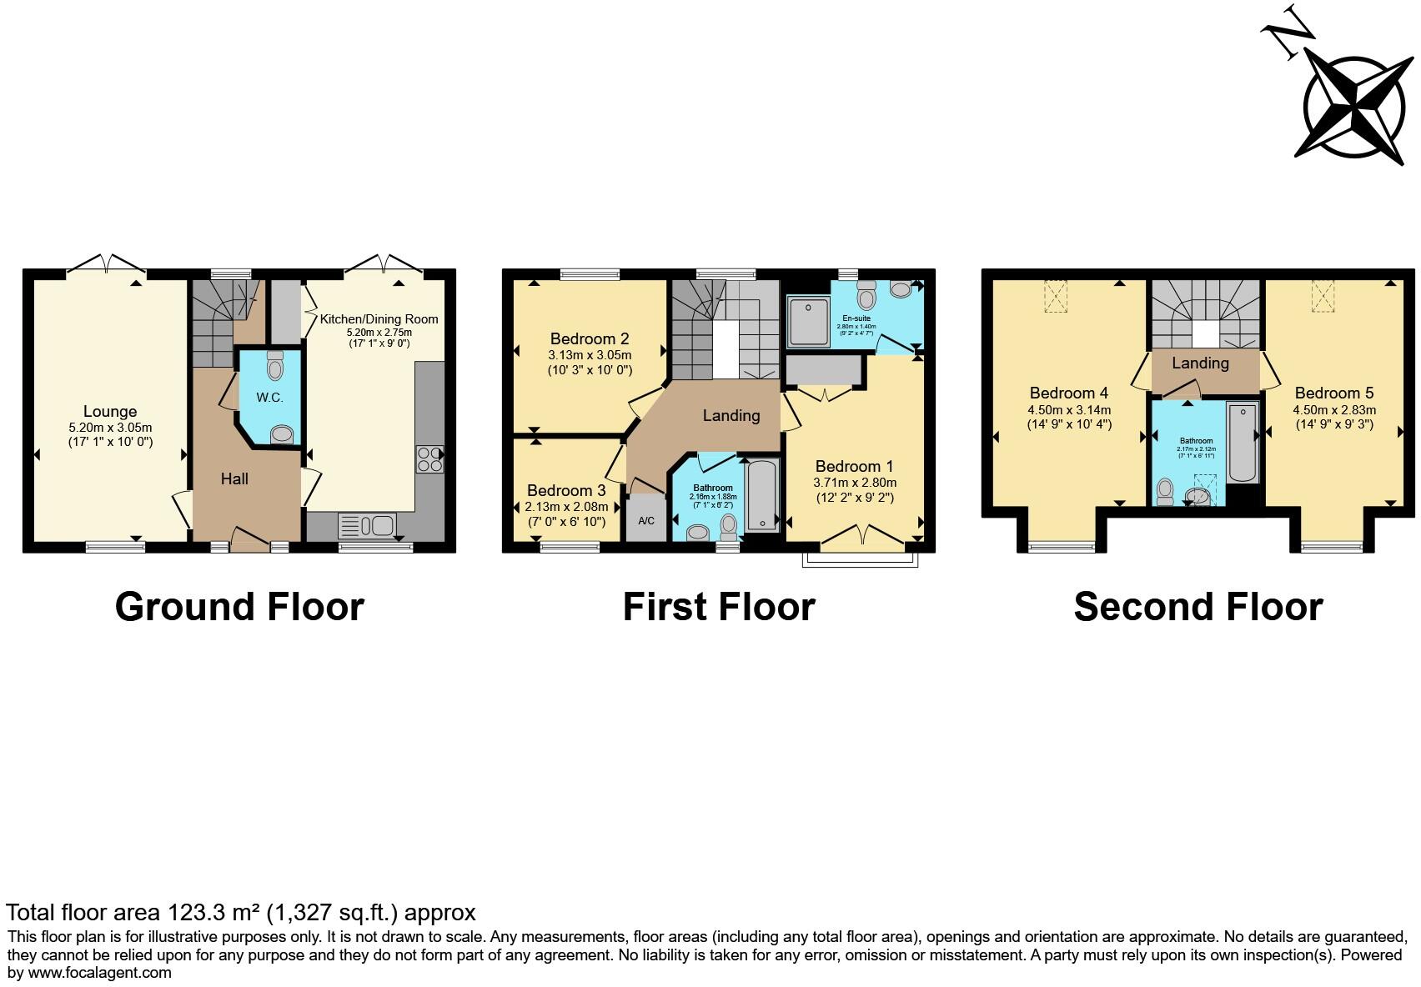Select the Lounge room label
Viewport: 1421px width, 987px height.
(x=110, y=411)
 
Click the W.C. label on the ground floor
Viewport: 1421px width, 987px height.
(x=269, y=398)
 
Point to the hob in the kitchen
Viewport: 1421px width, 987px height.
(x=429, y=459)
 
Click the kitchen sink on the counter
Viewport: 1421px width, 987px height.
(x=366, y=527)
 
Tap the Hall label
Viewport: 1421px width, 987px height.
(x=234, y=478)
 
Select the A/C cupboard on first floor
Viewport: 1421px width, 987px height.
(x=646, y=520)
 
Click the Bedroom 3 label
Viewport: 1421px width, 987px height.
(x=566, y=490)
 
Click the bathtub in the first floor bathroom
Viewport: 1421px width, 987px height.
(x=762, y=495)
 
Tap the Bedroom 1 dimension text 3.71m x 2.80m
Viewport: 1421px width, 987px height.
(x=855, y=483)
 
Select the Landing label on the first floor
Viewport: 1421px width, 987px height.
(x=731, y=415)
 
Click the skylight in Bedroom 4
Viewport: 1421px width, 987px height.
(x=1056, y=296)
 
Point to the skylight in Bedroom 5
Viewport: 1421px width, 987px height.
(x=1323, y=296)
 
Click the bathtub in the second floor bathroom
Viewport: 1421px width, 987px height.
(x=1243, y=442)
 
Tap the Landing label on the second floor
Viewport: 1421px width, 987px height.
(x=1200, y=363)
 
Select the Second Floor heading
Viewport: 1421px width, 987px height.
(x=1198, y=607)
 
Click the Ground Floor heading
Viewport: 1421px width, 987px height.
(x=239, y=607)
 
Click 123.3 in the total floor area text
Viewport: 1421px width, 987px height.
(x=193, y=913)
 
